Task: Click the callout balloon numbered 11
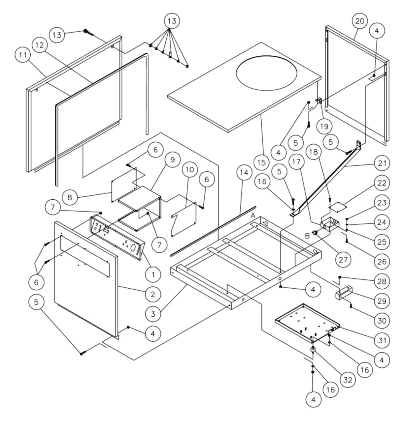(23, 55)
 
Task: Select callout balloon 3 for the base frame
(153, 314)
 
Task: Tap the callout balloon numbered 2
(153, 294)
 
